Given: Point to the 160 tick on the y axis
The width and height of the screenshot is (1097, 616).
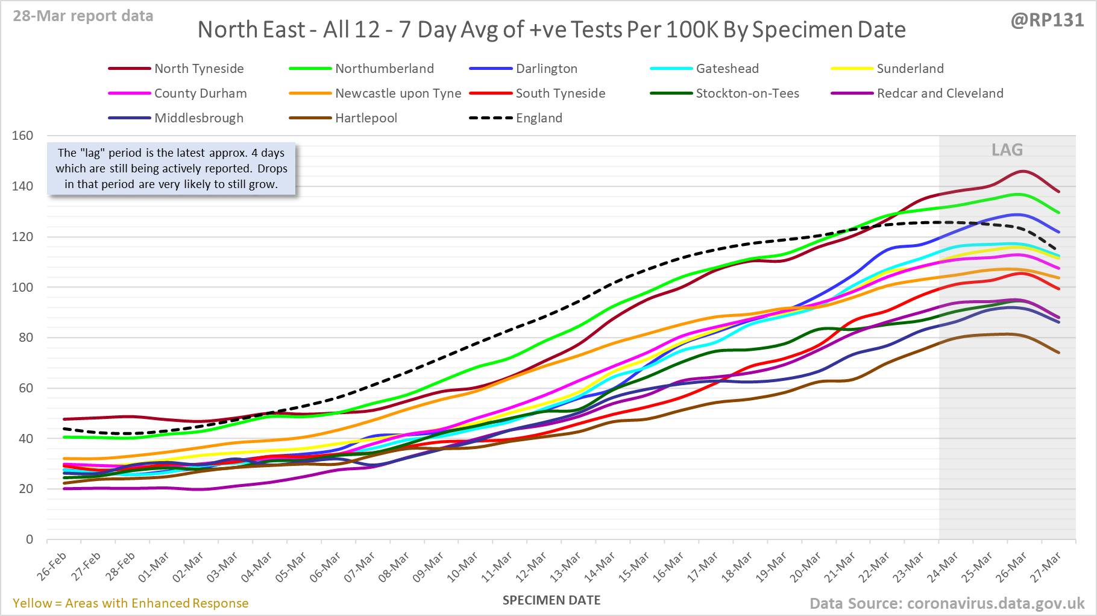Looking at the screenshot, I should coord(23,136).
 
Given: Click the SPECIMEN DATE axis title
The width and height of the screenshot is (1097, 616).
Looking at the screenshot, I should coord(552,600).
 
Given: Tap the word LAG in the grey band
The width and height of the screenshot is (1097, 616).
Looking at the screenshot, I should coord(1007,150).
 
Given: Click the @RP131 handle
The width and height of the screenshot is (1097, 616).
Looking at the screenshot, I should coord(1047,20).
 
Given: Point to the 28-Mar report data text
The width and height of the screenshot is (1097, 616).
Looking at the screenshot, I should coord(83,16).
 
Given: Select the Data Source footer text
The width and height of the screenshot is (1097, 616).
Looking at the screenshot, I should coord(947,603).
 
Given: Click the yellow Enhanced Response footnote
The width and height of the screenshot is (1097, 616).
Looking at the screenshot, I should coord(131,603).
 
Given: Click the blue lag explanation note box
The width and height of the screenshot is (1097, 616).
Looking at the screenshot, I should coord(172,169).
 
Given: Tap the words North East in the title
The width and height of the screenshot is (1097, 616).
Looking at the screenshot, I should coord(251,30).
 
